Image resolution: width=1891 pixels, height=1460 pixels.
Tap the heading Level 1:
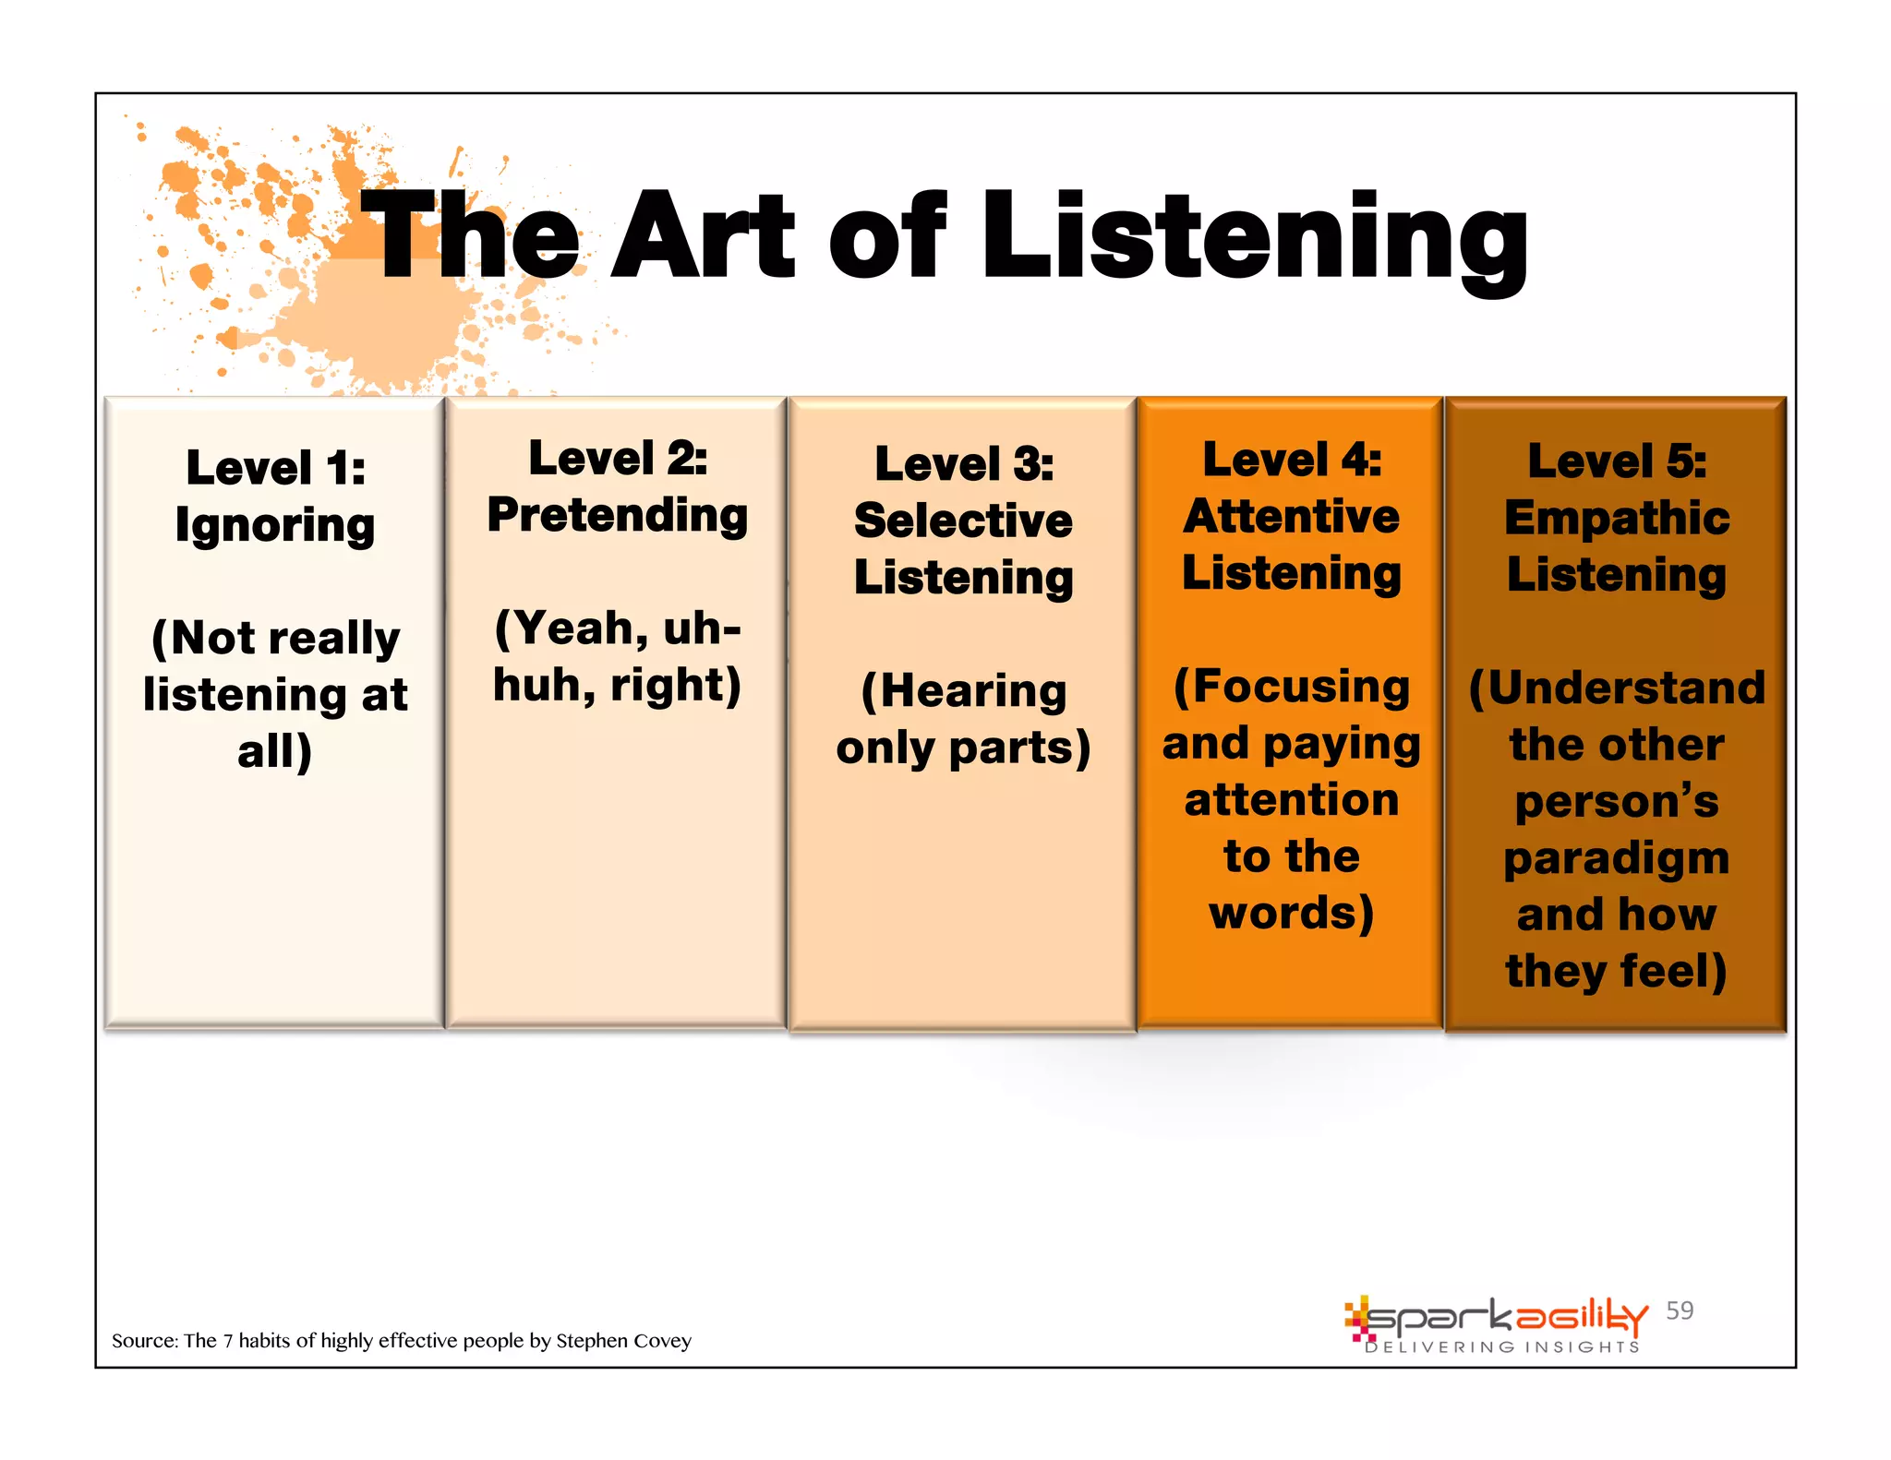[x=275, y=467]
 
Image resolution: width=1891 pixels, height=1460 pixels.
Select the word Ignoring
[x=275, y=526]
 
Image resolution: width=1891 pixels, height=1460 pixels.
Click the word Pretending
[x=618, y=515]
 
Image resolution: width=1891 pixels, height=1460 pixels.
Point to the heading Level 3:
[x=964, y=463]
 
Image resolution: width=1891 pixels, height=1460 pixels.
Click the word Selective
[x=963, y=521]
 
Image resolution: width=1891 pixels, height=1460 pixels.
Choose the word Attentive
[x=1291, y=516]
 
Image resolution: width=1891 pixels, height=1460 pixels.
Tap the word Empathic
[x=1617, y=518]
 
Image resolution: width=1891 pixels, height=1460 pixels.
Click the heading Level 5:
[x=1617, y=461]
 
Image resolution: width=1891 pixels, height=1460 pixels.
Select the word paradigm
[x=1617, y=858]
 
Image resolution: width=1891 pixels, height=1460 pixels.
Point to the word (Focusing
[x=1292, y=687]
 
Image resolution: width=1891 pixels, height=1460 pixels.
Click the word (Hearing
[x=964, y=691]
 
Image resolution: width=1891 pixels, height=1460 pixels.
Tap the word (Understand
[x=1617, y=688]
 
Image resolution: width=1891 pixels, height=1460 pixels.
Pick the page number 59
[x=1680, y=1310]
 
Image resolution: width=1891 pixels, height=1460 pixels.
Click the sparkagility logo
[x=1496, y=1318]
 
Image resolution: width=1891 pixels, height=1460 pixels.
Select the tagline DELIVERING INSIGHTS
[x=1502, y=1347]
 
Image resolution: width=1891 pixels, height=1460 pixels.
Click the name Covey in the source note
[x=662, y=1340]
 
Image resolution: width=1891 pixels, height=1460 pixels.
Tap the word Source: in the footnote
[x=144, y=1340]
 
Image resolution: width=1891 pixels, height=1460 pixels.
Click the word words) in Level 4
[x=1292, y=913]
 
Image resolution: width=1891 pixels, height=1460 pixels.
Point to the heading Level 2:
[x=618, y=458]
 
